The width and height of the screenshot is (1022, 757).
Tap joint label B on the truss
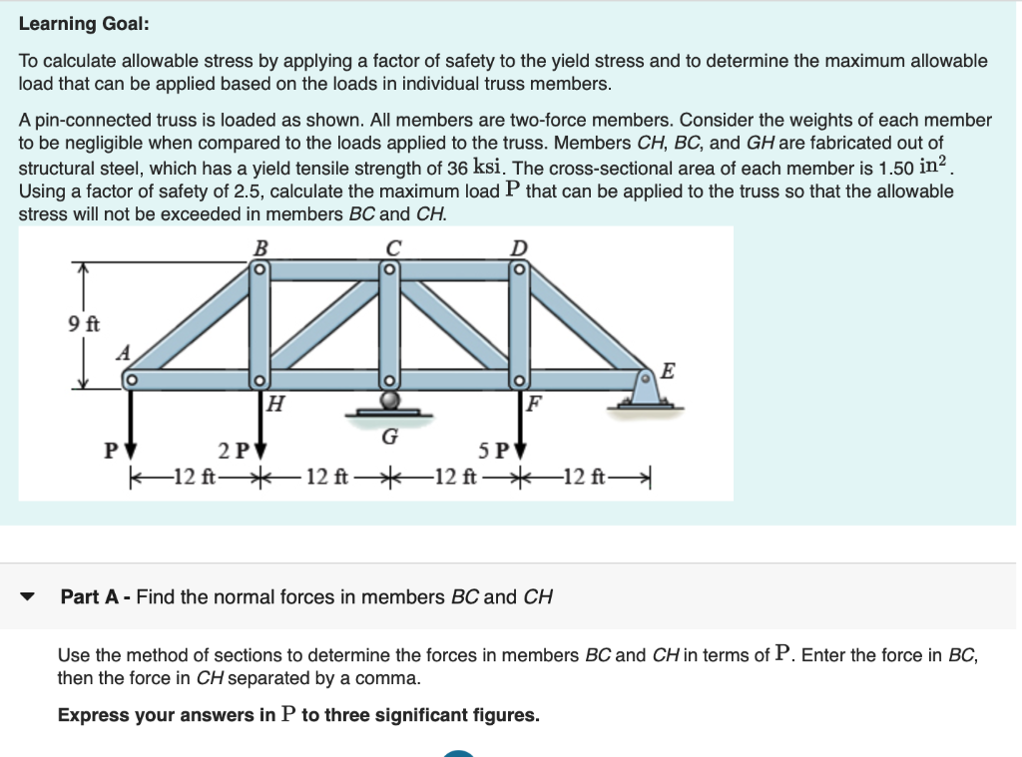[x=261, y=245]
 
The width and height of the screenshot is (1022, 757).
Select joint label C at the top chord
[x=392, y=245]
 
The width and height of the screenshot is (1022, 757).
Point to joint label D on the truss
[x=520, y=245]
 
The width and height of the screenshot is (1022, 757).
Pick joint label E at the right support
[x=668, y=372]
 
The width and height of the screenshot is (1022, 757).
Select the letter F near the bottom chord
[x=536, y=404]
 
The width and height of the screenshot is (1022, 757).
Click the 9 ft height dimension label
[x=83, y=324]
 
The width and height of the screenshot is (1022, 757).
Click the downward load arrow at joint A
[x=130, y=419]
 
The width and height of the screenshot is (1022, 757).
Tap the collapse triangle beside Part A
[x=28, y=598]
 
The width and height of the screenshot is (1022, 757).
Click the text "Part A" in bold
[x=93, y=597]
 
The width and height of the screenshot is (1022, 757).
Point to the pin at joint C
[x=391, y=269]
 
